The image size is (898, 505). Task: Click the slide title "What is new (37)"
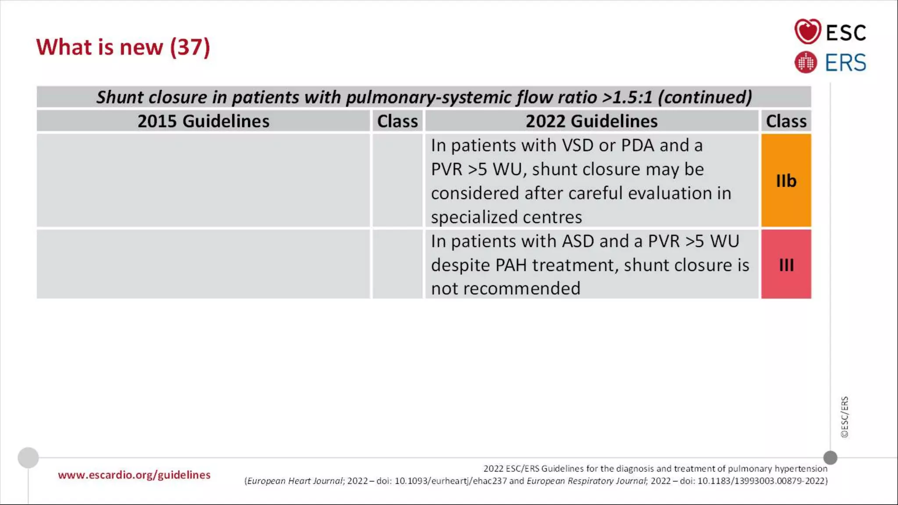pyautogui.click(x=123, y=47)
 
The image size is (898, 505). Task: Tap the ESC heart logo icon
pyautogui.click(x=807, y=32)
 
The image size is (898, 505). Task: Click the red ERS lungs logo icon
pyautogui.click(x=805, y=62)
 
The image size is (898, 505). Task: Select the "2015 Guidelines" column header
pyautogui.click(x=203, y=121)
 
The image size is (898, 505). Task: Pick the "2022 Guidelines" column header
pyautogui.click(x=592, y=121)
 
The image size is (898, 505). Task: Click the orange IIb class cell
pyautogui.click(x=786, y=181)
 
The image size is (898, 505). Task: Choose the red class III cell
pyautogui.click(x=786, y=265)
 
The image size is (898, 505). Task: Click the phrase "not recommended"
pyautogui.click(x=506, y=289)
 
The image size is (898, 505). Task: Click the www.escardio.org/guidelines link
pyautogui.click(x=134, y=475)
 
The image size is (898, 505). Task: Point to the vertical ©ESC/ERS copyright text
pyautogui.click(x=845, y=417)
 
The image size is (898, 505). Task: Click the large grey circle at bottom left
pyautogui.click(x=28, y=458)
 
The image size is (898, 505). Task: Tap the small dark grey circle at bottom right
pyautogui.click(x=830, y=458)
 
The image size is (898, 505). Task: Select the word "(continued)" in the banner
pyautogui.click(x=705, y=97)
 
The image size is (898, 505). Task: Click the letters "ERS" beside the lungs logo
pyautogui.click(x=845, y=63)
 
